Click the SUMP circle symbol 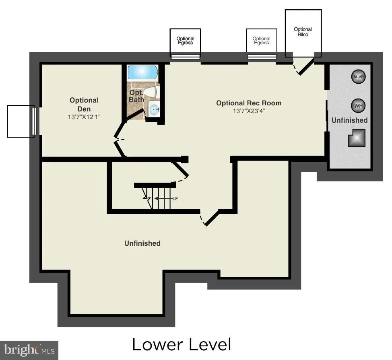click(x=358, y=77)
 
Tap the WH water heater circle click(x=358, y=106)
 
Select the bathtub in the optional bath click(x=143, y=73)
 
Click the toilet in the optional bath click(x=150, y=92)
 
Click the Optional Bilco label click(x=303, y=32)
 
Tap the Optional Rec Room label click(x=249, y=103)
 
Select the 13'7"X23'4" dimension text click(x=249, y=111)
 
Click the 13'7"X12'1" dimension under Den click(x=84, y=117)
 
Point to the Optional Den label click(x=84, y=105)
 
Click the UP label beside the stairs click(x=175, y=199)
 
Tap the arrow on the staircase click(x=163, y=199)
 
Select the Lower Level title click(x=182, y=344)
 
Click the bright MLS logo click(x=29, y=350)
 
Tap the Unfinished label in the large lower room click(x=142, y=243)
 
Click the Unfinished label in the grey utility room click(x=349, y=120)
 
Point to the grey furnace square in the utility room click(x=357, y=138)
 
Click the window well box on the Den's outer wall click(x=21, y=121)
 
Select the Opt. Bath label click(x=136, y=96)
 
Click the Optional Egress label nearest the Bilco click(x=261, y=41)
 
